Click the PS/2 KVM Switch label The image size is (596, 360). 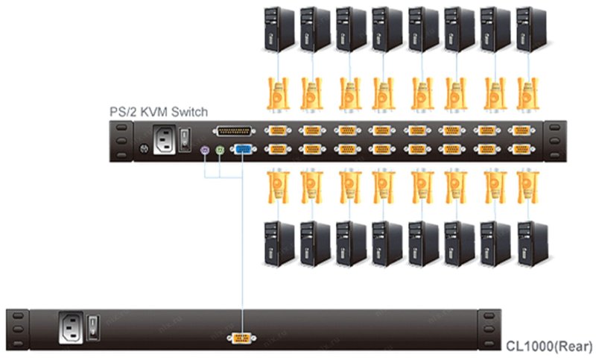tap(158, 111)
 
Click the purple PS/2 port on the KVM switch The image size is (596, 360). tap(206, 150)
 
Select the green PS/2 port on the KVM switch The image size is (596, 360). tap(221, 150)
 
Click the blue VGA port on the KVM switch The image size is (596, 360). tap(242, 150)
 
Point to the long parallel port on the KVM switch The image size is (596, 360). tap(233, 132)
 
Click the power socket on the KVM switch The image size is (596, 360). tap(165, 139)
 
